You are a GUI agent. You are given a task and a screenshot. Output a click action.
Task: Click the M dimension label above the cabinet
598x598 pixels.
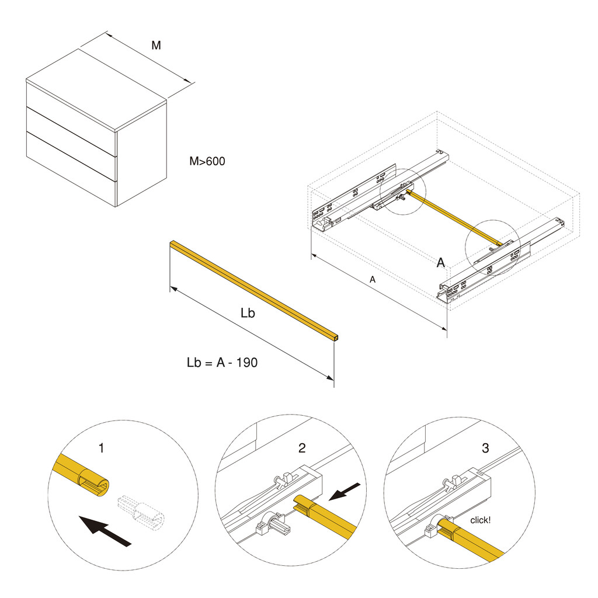click(x=156, y=46)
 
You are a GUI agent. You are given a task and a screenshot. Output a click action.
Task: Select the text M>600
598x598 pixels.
click(x=207, y=161)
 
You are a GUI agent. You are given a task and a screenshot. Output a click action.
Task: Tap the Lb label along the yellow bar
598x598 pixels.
click(x=248, y=313)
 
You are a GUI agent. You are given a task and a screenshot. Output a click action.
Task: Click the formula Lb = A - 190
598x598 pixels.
click(x=222, y=362)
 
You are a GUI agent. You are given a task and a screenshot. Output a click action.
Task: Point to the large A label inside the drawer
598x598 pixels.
click(x=440, y=262)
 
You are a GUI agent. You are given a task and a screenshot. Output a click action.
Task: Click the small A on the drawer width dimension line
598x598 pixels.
click(x=373, y=280)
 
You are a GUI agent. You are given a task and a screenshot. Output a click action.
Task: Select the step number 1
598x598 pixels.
click(x=101, y=448)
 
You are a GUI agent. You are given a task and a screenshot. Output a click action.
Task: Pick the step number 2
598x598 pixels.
click(x=302, y=448)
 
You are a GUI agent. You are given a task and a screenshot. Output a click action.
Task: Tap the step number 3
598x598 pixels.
click(x=485, y=448)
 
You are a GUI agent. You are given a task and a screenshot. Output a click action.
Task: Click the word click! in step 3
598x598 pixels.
click(x=481, y=520)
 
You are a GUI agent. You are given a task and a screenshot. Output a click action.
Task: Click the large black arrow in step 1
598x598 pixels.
click(x=105, y=530)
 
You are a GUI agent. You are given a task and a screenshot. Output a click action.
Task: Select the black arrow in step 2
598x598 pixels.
click(x=344, y=492)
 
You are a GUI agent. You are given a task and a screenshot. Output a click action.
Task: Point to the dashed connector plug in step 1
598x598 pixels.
click(x=141, y=512)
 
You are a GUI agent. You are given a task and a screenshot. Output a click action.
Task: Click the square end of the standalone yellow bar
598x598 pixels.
click(x=335, y=338)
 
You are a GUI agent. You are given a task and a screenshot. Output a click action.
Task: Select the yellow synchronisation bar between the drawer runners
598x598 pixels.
click(x=455, y=218)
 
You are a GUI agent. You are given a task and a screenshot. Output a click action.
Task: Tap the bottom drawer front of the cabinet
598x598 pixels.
click(x=71, y=169)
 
